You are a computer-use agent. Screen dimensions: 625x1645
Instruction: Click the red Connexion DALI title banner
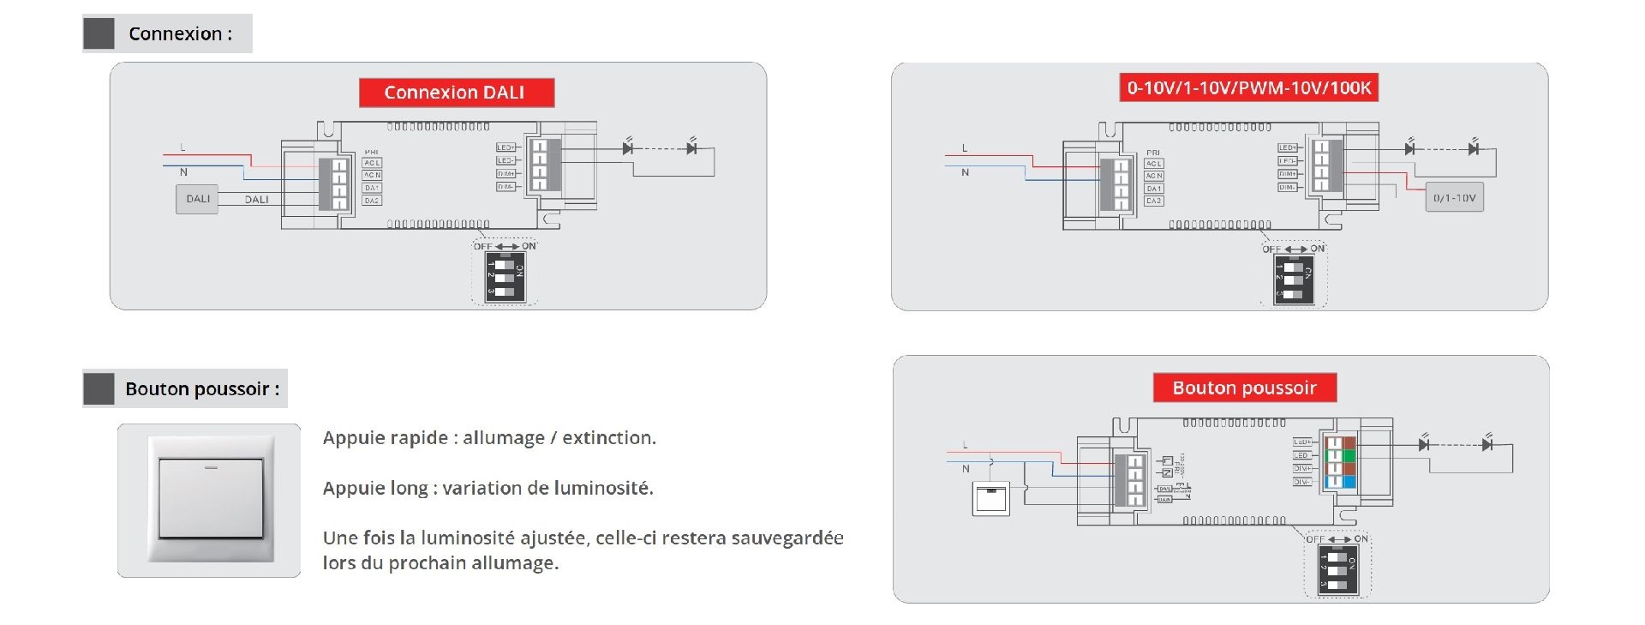[456, 93]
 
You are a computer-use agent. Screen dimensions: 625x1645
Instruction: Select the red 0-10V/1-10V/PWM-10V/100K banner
[1248, 87]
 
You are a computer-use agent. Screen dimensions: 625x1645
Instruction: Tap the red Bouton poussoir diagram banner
[1244, 388]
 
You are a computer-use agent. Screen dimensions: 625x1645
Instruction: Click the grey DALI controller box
[197, 199]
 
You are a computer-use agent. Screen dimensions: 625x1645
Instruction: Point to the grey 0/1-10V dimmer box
[1454, 198]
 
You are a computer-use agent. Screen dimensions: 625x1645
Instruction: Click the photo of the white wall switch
[210, 499]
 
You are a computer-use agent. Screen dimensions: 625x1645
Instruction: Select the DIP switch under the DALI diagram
[505, 276]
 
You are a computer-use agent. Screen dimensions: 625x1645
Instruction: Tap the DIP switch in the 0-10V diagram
[1294, 279]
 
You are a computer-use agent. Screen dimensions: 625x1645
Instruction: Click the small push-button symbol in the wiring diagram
[991, 499]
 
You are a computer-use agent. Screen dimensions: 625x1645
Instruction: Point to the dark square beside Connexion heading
[99, 34]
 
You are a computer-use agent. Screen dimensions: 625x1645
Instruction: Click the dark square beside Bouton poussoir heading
[99, 389]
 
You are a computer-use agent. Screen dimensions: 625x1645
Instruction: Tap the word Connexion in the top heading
[175, 34]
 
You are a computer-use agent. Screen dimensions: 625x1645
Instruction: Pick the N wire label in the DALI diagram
[183, 172]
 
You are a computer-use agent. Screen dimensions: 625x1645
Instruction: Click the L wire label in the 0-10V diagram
[965, 148]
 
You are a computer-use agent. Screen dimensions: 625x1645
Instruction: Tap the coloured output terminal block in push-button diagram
[1340, 463]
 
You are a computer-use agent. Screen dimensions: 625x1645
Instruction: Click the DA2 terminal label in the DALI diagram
[371, 201]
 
